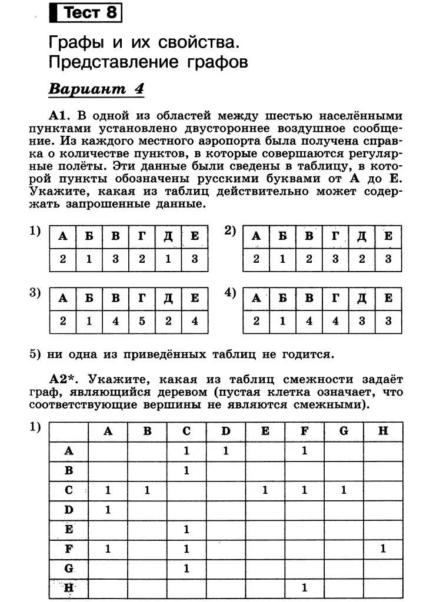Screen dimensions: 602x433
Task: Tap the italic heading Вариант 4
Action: (x=96, y=89)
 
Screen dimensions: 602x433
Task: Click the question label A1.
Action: (x=61, y=115)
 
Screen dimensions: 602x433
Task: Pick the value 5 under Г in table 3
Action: (x=142, y=321)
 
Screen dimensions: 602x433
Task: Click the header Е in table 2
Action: (x=388, y=236)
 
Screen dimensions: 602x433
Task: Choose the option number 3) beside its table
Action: (x=35, y=293)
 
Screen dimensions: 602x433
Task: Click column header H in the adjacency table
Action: (x=383, y=431)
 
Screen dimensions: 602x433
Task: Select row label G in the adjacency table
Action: (x=69, y=568)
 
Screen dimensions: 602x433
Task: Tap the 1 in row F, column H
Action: (x=383, y=549)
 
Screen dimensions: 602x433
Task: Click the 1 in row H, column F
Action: (x=304, y=587)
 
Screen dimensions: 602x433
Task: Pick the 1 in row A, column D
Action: (x=226, y=451)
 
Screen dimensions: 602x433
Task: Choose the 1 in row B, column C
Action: (x=186, y=470)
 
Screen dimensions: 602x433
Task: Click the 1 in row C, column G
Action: (x=344, y=490)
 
